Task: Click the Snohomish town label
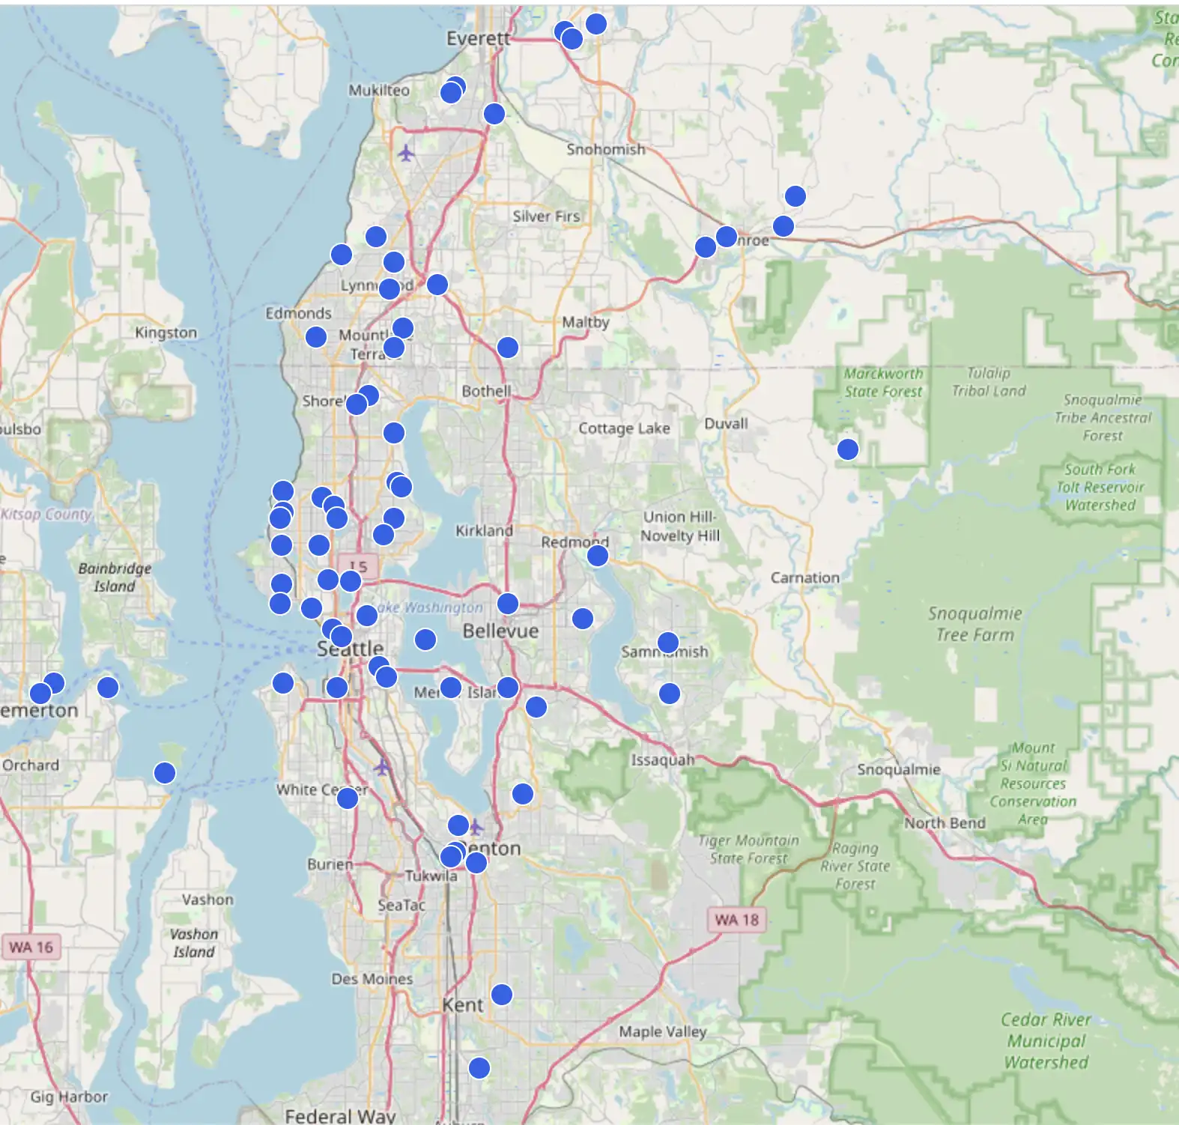(x=605, y=149)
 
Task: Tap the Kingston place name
(x=166, y=332)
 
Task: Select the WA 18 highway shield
(x=736, y=919)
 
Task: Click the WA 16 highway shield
(x=31, y=947)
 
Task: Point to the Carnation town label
(x=804, y=577)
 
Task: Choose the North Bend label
(x=945, y=822)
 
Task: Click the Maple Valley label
(x=662, y=1031)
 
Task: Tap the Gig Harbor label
(x=69, y=1097)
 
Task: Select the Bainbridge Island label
(x=115, y=577)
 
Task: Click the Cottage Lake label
(x=624, y=428)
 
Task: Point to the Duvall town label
(x=726, y=423)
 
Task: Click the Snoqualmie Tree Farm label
(x=975, y=624)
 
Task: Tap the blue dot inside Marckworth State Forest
(x=847, y=449)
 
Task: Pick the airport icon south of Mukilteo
(x=406, y=154)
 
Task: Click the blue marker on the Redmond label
(x=597, y=555)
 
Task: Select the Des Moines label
(x=372, y=978)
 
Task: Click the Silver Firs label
(x=546, y=216)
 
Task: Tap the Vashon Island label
(x=193, y=943)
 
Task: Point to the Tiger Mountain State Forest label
(x=748, y=849)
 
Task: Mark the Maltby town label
(x=586, y=322)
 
